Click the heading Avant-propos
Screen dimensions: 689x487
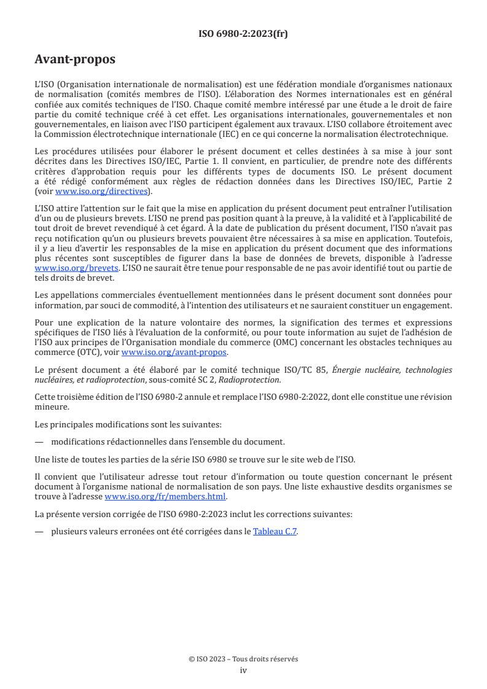75,60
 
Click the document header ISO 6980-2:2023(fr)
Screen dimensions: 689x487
243,34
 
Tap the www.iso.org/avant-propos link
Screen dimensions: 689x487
174,352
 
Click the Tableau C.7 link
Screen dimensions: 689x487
275,532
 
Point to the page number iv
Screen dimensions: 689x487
243,670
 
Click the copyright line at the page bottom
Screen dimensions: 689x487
243,659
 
